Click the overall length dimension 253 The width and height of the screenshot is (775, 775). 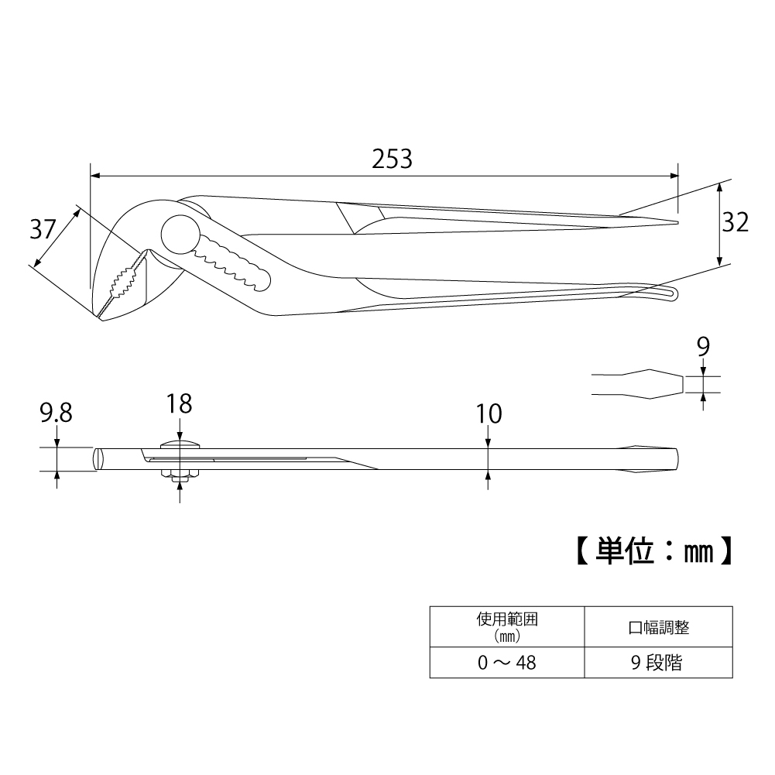tap(392, 159)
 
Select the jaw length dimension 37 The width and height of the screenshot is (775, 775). tap(43, 229)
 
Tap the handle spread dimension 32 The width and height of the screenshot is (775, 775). tap(736, 222)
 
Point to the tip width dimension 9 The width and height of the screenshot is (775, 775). tap(703, 346)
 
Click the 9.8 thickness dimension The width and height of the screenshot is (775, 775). tap(56, 413)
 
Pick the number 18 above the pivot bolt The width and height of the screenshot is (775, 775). tap(179, 403)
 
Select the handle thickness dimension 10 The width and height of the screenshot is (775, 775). tap(489, 414)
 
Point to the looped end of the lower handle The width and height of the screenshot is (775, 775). tap(667, 293)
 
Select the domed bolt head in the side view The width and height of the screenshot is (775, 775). tap(180, 444)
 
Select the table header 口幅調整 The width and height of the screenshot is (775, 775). tap(658, 628)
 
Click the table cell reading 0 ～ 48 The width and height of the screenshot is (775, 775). tap(507, 663)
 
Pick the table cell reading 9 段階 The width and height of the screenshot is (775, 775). tap(657, 663)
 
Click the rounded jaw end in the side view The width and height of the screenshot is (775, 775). tap(98, 458)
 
